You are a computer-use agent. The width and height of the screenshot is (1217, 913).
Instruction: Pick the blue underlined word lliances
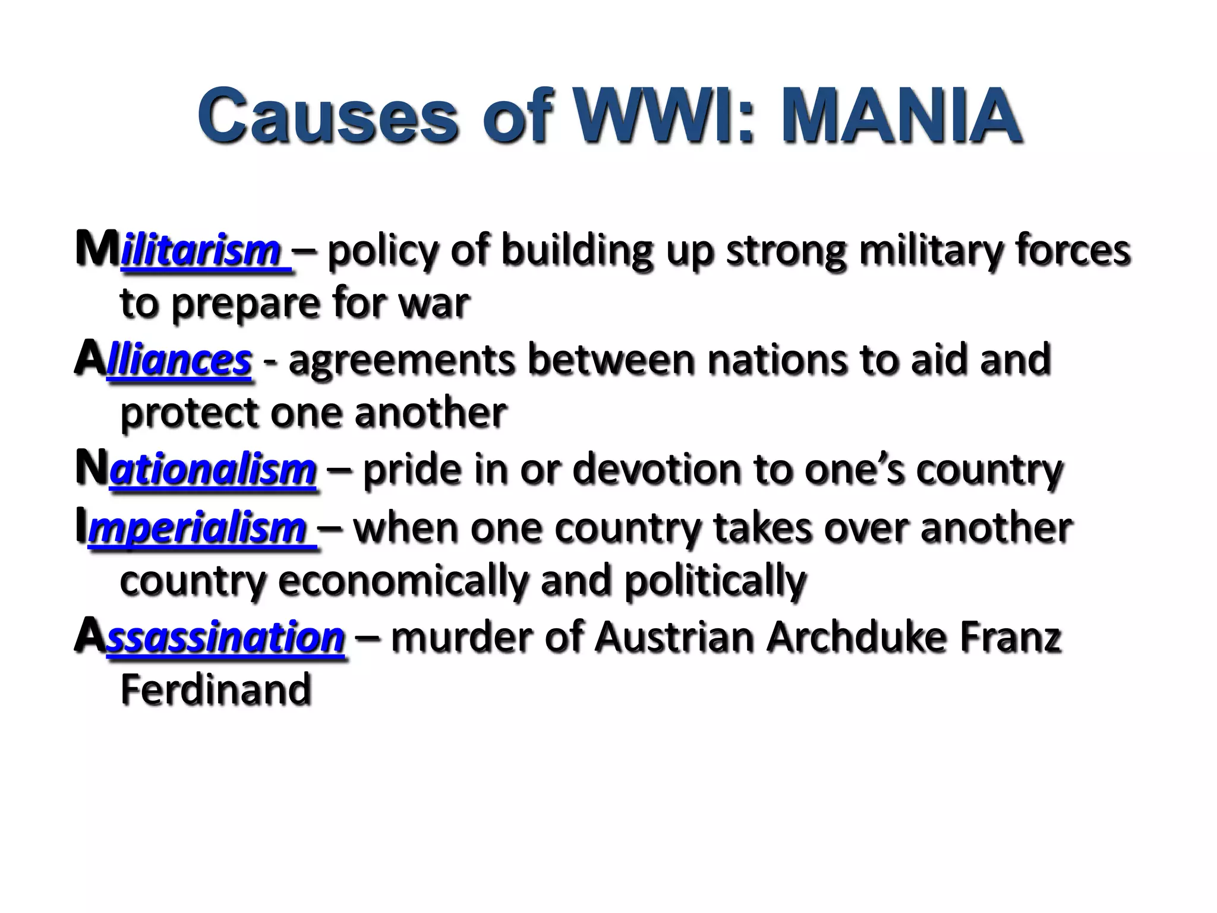pos(179,361)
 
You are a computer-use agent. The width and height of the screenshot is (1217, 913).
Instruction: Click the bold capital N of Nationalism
pos(92,468)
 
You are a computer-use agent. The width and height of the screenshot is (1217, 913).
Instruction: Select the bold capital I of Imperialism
pos(81,527)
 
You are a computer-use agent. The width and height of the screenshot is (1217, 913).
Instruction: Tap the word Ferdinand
pos(216,690)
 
